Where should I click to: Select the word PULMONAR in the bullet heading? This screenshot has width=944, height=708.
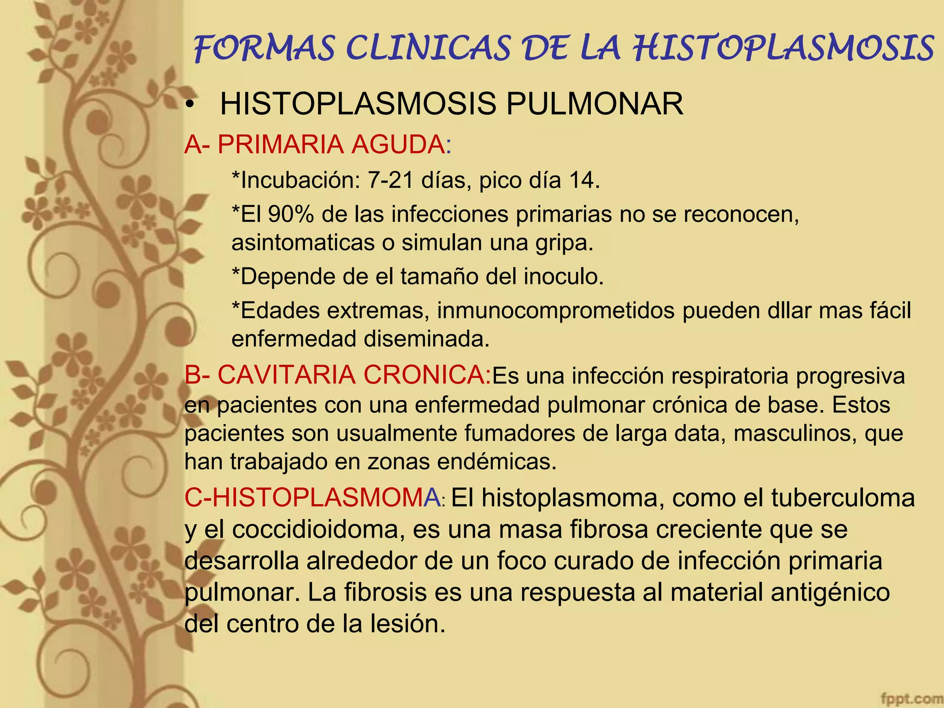click(595, 104)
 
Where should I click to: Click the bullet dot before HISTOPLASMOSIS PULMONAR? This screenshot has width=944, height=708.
click(189, 105)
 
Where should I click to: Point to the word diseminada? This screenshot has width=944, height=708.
click(426, 339)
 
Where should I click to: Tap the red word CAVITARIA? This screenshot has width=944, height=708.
click(286, 375)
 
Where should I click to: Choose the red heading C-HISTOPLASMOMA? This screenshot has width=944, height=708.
click(313, 498)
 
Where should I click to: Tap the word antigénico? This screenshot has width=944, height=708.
click(830, 593)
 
